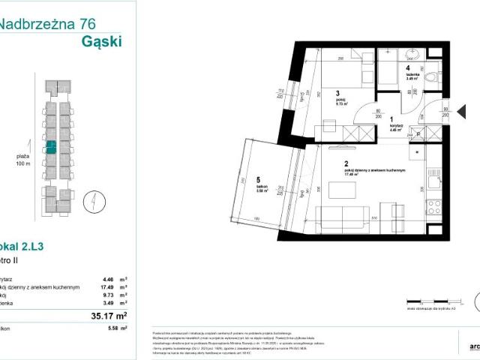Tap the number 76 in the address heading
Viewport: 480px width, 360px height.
point(91,24)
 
